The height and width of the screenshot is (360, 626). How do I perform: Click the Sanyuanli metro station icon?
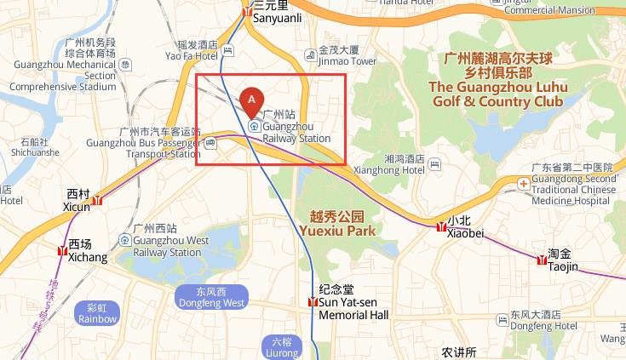tap(247, 12)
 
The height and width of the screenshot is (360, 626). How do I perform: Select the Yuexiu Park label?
tap(337, 223)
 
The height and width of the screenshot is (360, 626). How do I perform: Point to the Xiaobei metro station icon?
tap(439, 226)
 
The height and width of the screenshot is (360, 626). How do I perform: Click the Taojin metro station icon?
tap(541, 260)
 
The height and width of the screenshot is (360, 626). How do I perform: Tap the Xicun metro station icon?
tap(98, 201)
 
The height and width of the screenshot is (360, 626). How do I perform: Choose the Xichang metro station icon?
tap(62, 251)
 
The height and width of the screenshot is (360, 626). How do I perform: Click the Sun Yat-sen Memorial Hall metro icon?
tap(313, 302)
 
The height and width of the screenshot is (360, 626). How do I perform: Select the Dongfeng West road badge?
tap(210, 297)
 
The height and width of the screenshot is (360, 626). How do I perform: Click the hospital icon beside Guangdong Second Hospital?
tap(523, 183)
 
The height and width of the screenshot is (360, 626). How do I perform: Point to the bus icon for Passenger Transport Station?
tap(210, 142)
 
